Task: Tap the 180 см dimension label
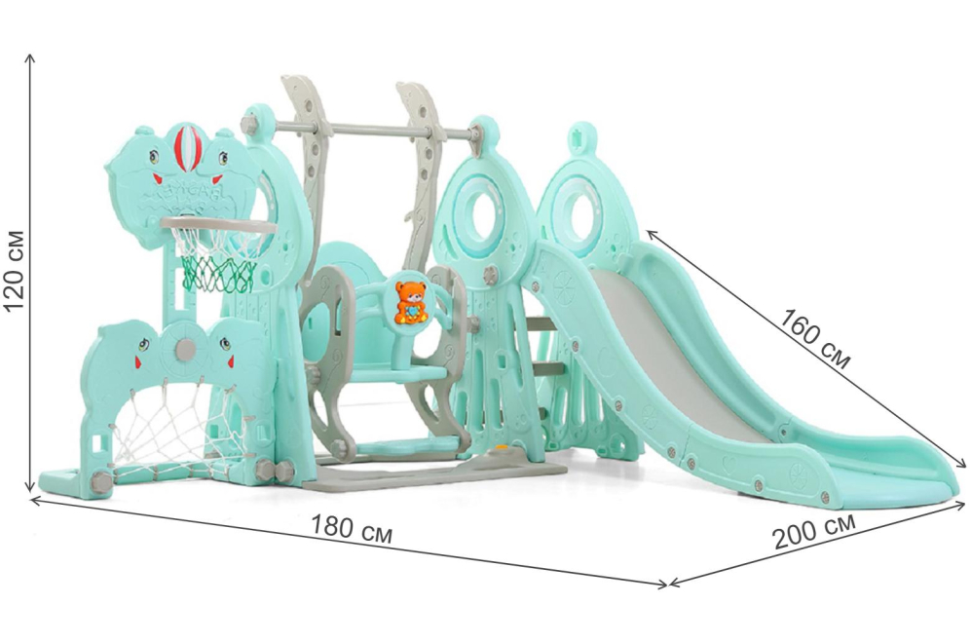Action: [x=352, y=530]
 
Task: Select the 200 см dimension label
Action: [x=814, y=530]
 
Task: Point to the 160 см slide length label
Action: [x=813, y=338]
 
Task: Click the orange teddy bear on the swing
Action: [x=411, y=302]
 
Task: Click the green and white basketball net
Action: [x=219, y=260]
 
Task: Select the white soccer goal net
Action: [x=173, y=428]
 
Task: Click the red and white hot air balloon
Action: [x=186, y=149]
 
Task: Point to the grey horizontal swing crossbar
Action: [x=372, y=130]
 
